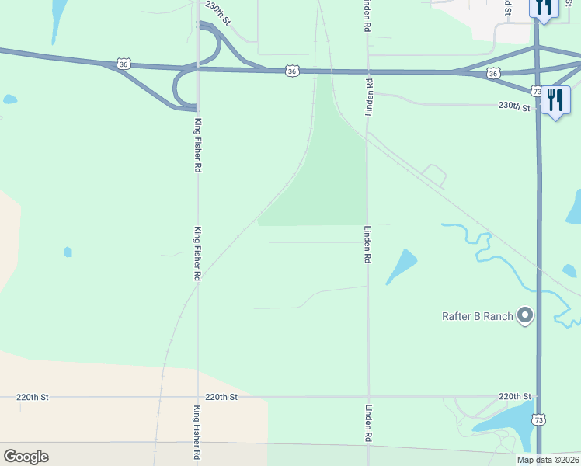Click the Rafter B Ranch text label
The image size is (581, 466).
tap(477, 316)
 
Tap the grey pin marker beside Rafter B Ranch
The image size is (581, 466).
tap(526, 315)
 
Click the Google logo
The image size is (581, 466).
tap(26, 457)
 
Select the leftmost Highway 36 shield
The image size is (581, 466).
tap(124, 64)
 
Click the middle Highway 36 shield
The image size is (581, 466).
tap(291, 71)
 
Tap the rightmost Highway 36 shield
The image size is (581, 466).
tap(493, 73)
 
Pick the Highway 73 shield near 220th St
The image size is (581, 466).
tap(538, 419)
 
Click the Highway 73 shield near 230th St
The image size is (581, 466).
tap(538, 91)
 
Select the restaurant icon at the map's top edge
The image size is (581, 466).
tap(543, 8)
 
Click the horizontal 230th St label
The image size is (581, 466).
tap(514, 107)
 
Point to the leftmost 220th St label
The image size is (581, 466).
tap(33, 397)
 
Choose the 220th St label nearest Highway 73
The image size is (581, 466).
tap(514, 396)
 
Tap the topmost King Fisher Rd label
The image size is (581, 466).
tap(197, 145)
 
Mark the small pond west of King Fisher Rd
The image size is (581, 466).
tap(68, 252)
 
